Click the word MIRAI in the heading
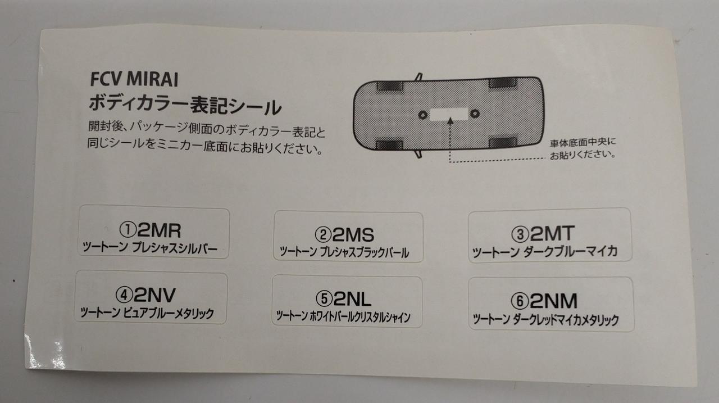152,80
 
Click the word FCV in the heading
106,79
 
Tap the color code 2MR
159,230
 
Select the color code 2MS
353,235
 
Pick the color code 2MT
552,233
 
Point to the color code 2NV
154,295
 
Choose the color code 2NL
352,299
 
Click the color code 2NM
553,301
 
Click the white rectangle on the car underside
449,114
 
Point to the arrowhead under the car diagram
450,121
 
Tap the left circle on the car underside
423,115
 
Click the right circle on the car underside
475,114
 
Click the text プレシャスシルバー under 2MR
175,248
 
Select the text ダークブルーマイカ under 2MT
570,251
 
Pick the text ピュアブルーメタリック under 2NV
169,313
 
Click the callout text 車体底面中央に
583,142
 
